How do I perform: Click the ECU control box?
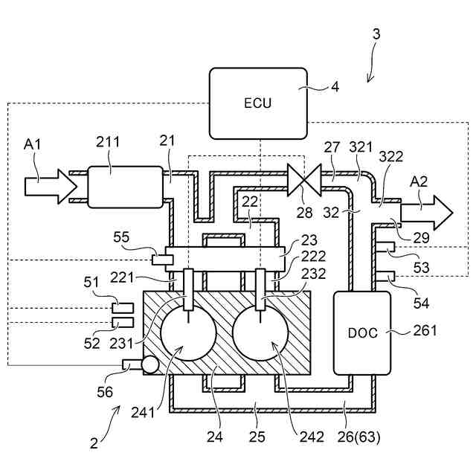pyautogui.click(x=258, y=103)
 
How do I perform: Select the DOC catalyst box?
pyautogui.click(x=362, y=333)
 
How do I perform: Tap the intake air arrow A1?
pyautogui.click(x=51, y=187)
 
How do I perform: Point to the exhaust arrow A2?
pyautogui.click(x=427, y=213)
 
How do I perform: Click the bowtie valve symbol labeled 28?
pyautogui.click(x=304, y=180)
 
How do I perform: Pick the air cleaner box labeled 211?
pyautogui.click(x=125, y=187)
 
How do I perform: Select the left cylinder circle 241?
pyautogui.click(x=188, y=332)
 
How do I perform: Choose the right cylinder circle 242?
pyautogui.click(x=260, y=332)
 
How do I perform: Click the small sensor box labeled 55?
pyautogui.click(x=162, y=260)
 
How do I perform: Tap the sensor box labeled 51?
pyautogui.click(x=123, y=308)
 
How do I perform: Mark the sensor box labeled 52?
pyautogui.click(x=123, y=322)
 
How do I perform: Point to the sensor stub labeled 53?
pyautogui.click(x=385, y=247)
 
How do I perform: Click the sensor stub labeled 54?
pyautogui.click(x=385, y=276)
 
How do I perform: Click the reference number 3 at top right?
pyautogui.click(x=376, y=34)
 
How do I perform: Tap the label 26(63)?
pyautogui.click(x=358, y=437)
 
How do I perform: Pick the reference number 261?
pyautogui.click(x=425, y=330)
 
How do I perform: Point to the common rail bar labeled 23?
pyautogui.click(x=225, y=259)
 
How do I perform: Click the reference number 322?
pyautogui.click(x=391, y=157)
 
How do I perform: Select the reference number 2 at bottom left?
pyautogui.click(x=94, y=443)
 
